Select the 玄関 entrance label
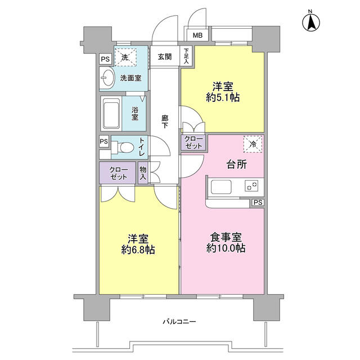[165, 57]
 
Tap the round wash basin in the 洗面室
[107, 79]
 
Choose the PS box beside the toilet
[105, 141]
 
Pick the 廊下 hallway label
[165, 122]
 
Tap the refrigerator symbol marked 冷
[253, 145]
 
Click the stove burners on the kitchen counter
[251, 185]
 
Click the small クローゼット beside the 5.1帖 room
[192, 142]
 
